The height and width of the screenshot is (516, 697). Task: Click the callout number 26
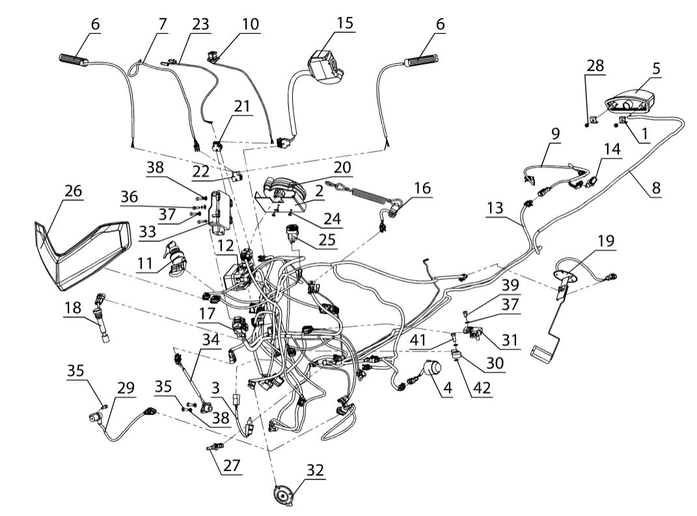point(74,191)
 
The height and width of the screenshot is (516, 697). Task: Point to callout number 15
point(345,23)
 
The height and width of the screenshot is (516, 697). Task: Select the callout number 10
point(249,23)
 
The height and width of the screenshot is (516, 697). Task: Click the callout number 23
point(201,23)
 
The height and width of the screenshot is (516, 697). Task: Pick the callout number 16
point(422,188)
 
